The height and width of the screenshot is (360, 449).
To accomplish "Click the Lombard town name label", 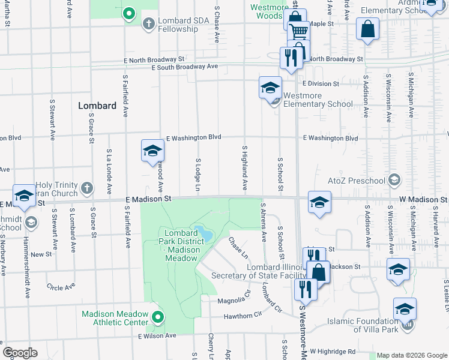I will pyautogui.click(x=97, y=106).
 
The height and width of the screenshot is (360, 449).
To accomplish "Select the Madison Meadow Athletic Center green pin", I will pyautogui.click(x=158, y=317).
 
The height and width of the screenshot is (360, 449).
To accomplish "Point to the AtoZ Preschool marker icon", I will pyautogui.click(x=394, y=180).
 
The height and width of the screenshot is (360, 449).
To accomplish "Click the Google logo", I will pyautogui.click(x=20, y=353).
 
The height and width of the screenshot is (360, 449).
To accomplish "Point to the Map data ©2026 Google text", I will pyautogui.click(x=412, y=355).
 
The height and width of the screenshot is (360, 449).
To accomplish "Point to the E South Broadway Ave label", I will pyautogui.click(x=185, y=67).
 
